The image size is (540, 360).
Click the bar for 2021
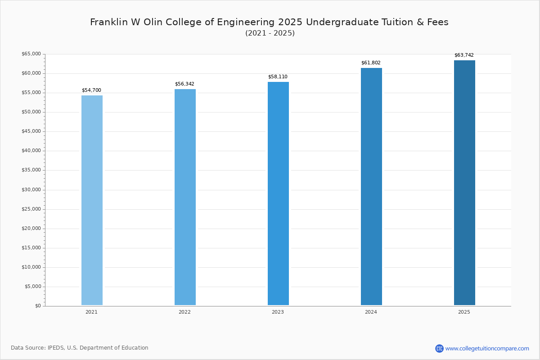click(92, 200)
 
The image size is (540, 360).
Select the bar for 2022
click(185, 197)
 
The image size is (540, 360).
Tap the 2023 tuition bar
click(278, 193)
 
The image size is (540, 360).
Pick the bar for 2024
click(371, 187)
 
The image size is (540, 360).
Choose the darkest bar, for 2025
click(464, 183)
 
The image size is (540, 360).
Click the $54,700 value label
click(91, 90)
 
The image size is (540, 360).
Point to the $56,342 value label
click(184, 84)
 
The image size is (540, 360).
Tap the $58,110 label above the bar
click(278, 77)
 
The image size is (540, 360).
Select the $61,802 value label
click(371, 63)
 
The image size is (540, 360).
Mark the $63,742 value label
click(464, 55)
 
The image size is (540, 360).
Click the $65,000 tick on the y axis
click(31, 54)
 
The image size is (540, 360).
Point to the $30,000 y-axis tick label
click(31, 190)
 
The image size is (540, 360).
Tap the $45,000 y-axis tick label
click(31, 131)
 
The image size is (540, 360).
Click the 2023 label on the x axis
click(278, 312)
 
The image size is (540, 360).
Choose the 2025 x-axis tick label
click(464, 312)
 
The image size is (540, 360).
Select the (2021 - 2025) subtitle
click(270, 33)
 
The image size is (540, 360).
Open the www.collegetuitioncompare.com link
click(487, 348)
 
